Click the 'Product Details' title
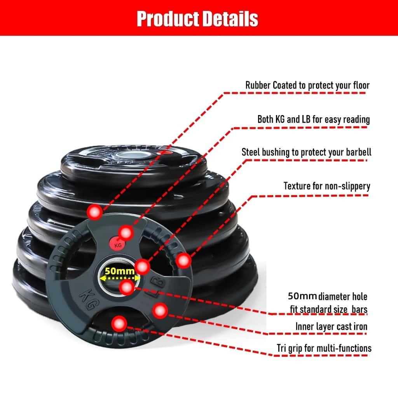tap(197, 19)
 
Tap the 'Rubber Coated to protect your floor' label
tap(307, 85)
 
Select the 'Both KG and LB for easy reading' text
tap(314, 119)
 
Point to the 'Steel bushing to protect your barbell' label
tap(306, 152)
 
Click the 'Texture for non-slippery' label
tap(326, 186)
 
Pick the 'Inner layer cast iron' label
tap(331, 326)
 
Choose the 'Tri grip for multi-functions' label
tap(324, 348)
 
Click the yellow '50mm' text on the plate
tap(120, 271)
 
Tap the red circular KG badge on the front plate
tap(117, 244)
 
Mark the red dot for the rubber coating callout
tap(95, 212)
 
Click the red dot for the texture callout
tap(183, 260)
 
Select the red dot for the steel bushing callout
tap(142, 267)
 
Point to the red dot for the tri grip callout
tap(119, 324)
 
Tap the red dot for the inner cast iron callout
tap(160, 311)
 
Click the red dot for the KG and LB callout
tap(126, 232)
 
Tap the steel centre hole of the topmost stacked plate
tap(132, 155)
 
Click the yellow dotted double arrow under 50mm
tap(120, 278)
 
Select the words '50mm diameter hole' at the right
tap(327, 296)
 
